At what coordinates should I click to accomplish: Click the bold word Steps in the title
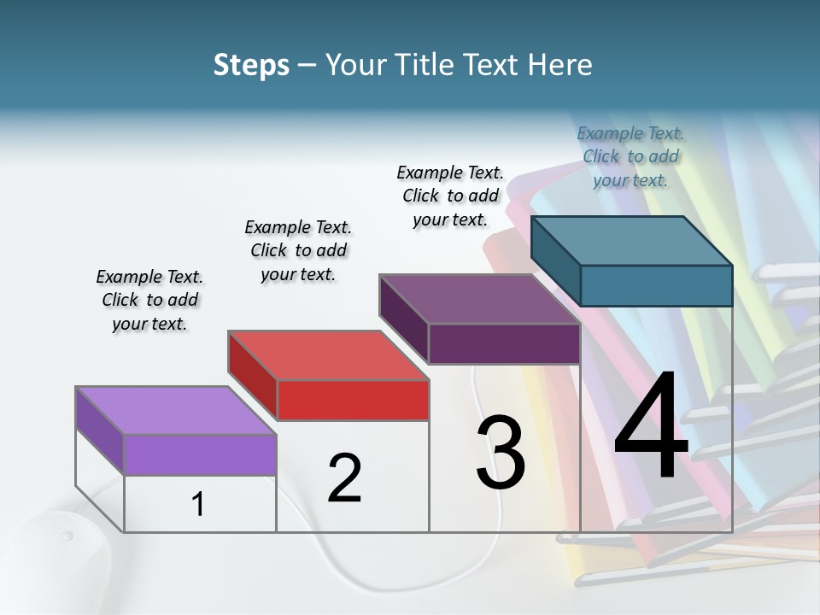[x=251, y=65]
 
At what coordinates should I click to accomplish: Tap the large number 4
[x=651, y=430]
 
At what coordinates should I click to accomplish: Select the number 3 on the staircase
[x=501, y=453]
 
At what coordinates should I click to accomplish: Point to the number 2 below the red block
[x=344, y=478]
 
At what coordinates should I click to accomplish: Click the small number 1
[x=198, y=505]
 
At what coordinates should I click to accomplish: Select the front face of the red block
[x=353, y=400]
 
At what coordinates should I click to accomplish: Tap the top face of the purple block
[x=478, y=299]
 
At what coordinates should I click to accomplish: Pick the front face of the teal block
[x=656, y=285]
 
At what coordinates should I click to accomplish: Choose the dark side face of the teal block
[x=555, y=261]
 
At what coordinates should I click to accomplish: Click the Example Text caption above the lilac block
[x=150, y=300]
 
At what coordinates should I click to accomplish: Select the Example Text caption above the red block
[x=298, y=250]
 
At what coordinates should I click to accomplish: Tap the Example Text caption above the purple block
[x=450, y=196]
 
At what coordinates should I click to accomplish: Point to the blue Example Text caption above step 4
[x=630, y=156]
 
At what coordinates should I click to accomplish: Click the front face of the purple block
[x=504, y=344]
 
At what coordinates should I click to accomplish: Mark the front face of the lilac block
[x=200, y=454]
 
